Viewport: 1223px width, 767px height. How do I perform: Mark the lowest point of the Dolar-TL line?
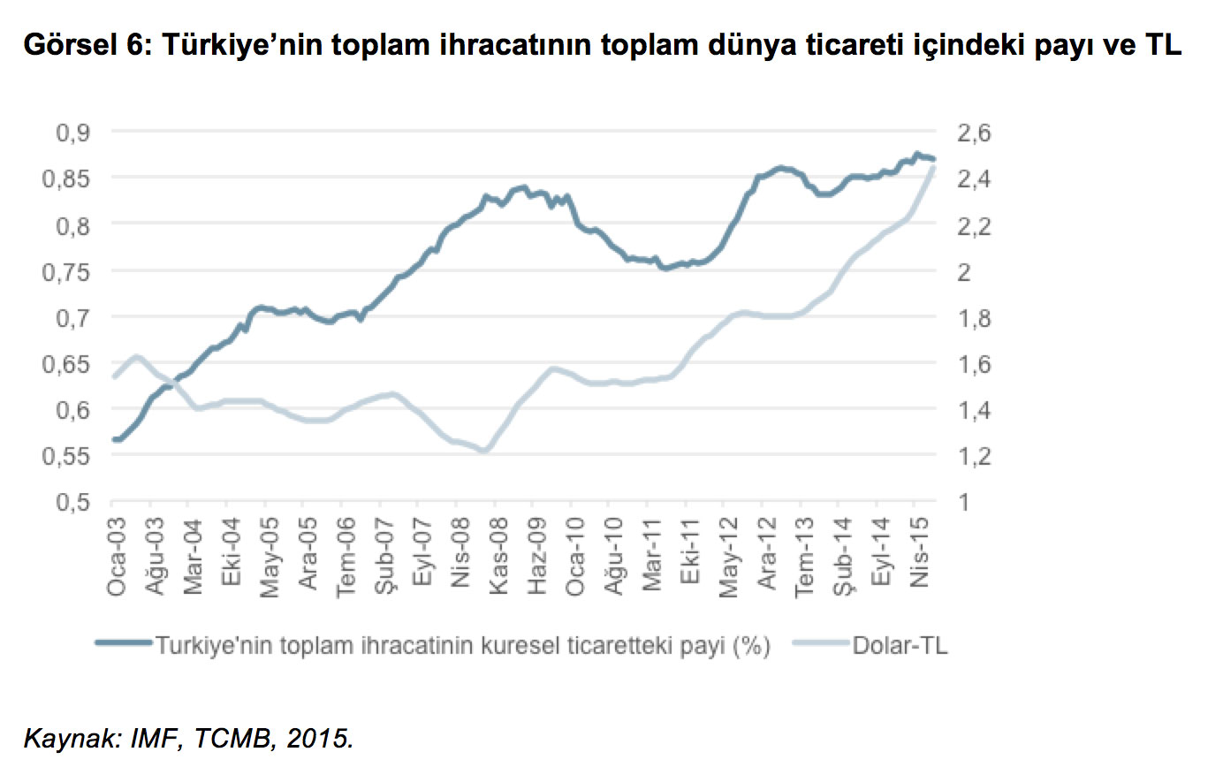coord(484,451)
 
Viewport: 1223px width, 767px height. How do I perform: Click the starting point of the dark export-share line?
coord(114,439)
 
